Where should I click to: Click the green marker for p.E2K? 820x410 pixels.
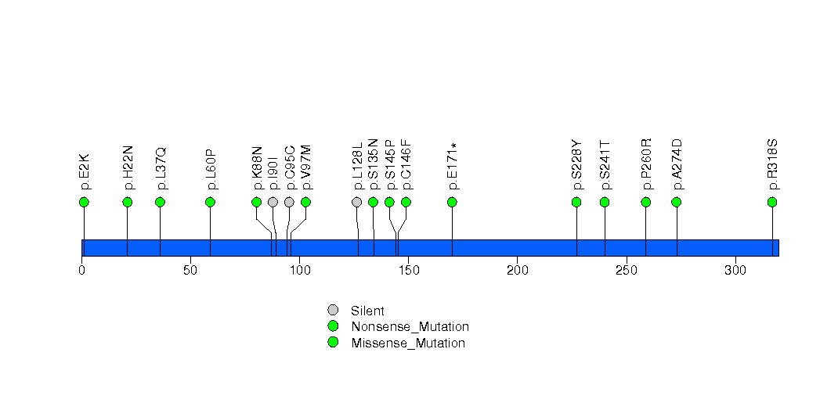point(84,202)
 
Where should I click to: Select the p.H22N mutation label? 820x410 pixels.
point(128,167)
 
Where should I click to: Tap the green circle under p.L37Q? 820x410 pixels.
point(160,202)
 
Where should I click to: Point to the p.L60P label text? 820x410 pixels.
point(211,169)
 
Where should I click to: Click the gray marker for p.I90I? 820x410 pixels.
point(273,202)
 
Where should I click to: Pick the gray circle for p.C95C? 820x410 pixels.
point(289,202)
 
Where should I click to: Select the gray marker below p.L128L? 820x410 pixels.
point(357,202)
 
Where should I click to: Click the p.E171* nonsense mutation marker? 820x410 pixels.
point(452,202)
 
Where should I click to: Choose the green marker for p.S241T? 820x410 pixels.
point(605,202)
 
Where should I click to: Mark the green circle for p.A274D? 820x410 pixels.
point(677,202)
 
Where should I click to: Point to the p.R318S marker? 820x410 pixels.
point(772,202)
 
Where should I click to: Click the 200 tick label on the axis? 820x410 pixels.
point(517,271)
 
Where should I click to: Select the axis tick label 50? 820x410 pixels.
point(190,271)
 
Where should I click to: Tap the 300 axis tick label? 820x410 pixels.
point(735,271)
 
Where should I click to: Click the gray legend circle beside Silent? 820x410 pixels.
point(333,311)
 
